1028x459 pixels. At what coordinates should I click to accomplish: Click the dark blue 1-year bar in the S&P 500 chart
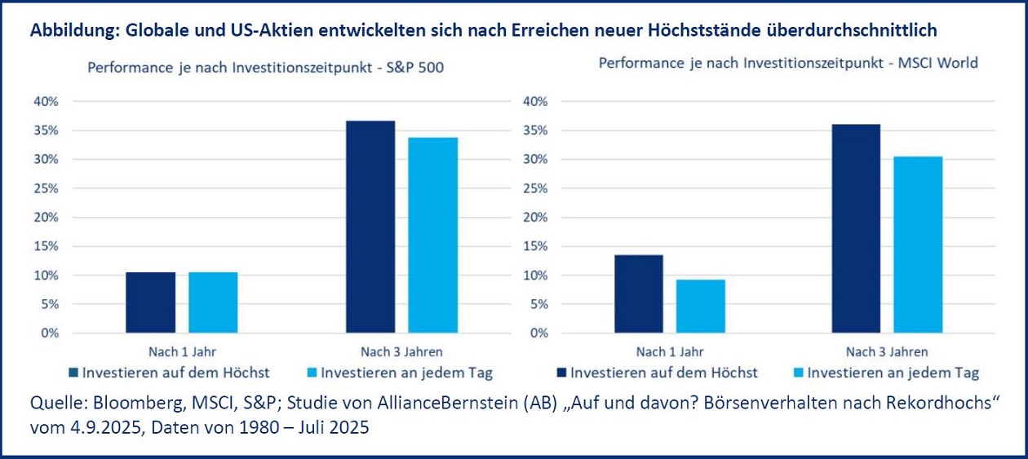[x=151, y=302]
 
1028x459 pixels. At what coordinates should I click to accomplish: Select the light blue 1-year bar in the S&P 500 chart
[x=213, y=302]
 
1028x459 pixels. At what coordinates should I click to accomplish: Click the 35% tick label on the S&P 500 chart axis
[x=47, y=130]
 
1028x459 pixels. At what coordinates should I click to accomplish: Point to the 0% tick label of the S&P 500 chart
[x=51, y=333]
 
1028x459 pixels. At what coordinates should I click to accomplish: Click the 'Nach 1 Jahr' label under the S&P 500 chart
[x=181, y=352]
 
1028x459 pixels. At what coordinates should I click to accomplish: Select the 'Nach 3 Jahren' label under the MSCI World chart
[x=887, y=352]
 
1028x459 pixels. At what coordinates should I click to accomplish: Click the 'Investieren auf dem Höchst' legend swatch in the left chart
[x=73, y=373]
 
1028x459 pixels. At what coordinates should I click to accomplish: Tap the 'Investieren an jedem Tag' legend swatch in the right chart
[x=800, y=373]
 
